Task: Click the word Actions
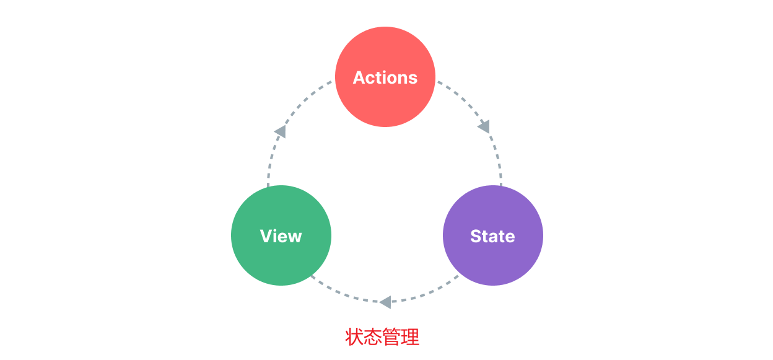385,77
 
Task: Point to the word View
281,236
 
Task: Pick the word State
492,236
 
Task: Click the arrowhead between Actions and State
484,126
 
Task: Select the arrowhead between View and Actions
281,131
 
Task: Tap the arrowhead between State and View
385,302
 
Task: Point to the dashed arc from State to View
427,295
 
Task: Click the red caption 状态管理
382,337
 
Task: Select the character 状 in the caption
354,337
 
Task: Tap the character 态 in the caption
373,337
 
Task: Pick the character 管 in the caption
391,337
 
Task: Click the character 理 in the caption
410,337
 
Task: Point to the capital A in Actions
359,77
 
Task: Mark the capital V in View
266,236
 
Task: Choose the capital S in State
476,236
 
